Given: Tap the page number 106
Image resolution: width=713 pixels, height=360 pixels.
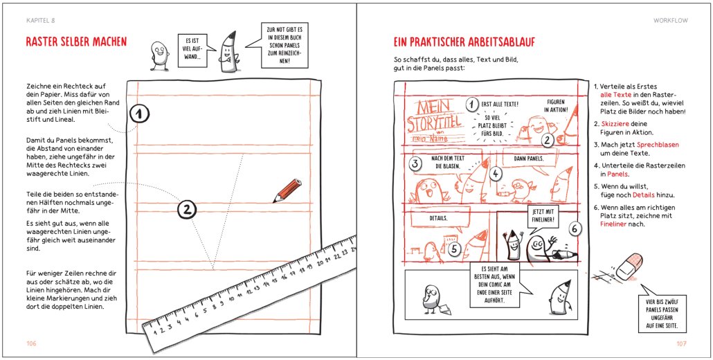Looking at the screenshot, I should click(x=31, y=343).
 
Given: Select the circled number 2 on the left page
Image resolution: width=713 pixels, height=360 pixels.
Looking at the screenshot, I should click(x=187, y=208).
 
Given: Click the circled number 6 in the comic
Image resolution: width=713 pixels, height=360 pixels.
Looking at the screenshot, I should click(x=575, y=228).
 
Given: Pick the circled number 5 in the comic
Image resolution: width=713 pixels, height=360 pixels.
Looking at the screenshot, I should click(x=454, y=249).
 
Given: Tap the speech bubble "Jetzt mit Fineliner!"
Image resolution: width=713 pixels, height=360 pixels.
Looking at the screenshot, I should click(x=545, y=214).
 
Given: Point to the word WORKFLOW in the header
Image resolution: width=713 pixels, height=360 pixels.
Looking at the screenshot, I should click(x=669, y=21).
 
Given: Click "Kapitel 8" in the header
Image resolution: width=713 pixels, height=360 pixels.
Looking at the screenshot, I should click(x=40, y=21).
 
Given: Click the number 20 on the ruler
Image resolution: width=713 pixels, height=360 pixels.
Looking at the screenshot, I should click(x=321, y=262).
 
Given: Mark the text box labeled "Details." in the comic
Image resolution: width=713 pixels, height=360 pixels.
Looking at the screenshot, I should click(x=437, y=217).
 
